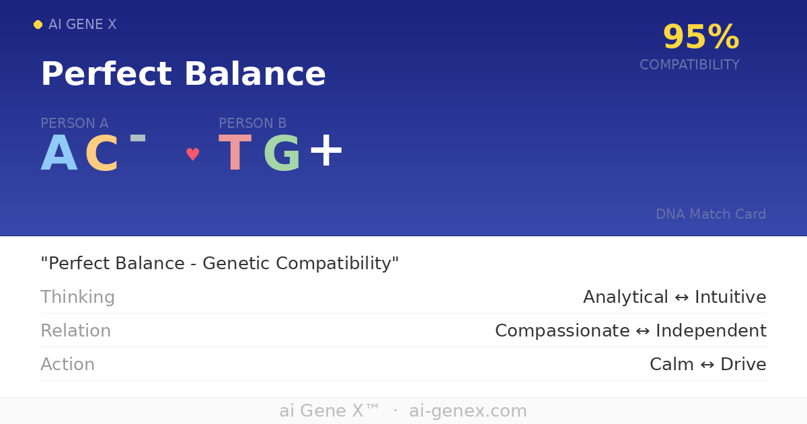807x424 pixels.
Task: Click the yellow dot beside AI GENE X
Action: click(38, 25)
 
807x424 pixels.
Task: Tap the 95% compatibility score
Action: click(701, 38)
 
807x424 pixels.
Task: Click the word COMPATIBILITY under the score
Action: click(689, 65)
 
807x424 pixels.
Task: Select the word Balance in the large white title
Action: click(255, 74)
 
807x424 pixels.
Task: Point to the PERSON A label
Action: click(74, 123)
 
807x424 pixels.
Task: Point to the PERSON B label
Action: click(252, 123)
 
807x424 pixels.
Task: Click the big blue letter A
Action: click(59, 154)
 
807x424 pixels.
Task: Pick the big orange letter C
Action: click(102, 154)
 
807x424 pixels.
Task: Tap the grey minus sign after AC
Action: click(138, 139)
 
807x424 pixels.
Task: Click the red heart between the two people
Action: click(193, 155)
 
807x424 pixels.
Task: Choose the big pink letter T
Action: click(235, 154)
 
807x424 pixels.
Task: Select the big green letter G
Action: click(282, 154)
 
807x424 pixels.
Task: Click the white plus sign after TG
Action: click(326, 151)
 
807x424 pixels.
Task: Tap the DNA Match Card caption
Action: click(711, 214)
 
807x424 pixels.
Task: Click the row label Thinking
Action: click(77, 297)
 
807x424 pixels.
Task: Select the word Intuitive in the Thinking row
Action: click(730, 297)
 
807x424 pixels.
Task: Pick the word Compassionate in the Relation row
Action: click(562, 330)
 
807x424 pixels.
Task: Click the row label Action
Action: click(67, 364)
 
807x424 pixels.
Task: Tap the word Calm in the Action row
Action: click(671, 364)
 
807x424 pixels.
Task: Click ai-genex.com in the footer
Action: click(468, 411)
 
